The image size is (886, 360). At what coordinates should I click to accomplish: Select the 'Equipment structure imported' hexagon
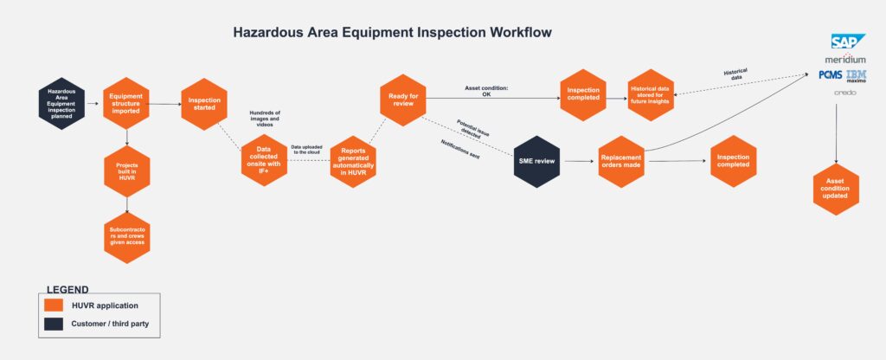tap(127, 104)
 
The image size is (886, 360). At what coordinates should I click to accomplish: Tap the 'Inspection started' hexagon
tap(203, 104)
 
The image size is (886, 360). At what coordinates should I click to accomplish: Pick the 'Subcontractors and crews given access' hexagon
tap(127, 237)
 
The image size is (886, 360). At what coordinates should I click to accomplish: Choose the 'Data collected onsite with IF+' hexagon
tap(265, 159)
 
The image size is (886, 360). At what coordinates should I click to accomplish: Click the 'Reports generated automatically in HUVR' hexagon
tap(354, 159)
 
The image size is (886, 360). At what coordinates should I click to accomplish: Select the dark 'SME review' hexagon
tap(537, 161)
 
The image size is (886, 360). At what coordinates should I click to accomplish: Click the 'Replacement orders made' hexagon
tap(622, 161)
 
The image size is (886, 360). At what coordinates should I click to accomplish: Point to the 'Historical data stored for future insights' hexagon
tap(651, 95)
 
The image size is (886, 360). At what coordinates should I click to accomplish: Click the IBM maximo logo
tap(857, 77)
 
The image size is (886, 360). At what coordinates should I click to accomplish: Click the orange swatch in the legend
tap(54, 305)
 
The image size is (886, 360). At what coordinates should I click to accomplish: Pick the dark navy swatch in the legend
tap(54, 324)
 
